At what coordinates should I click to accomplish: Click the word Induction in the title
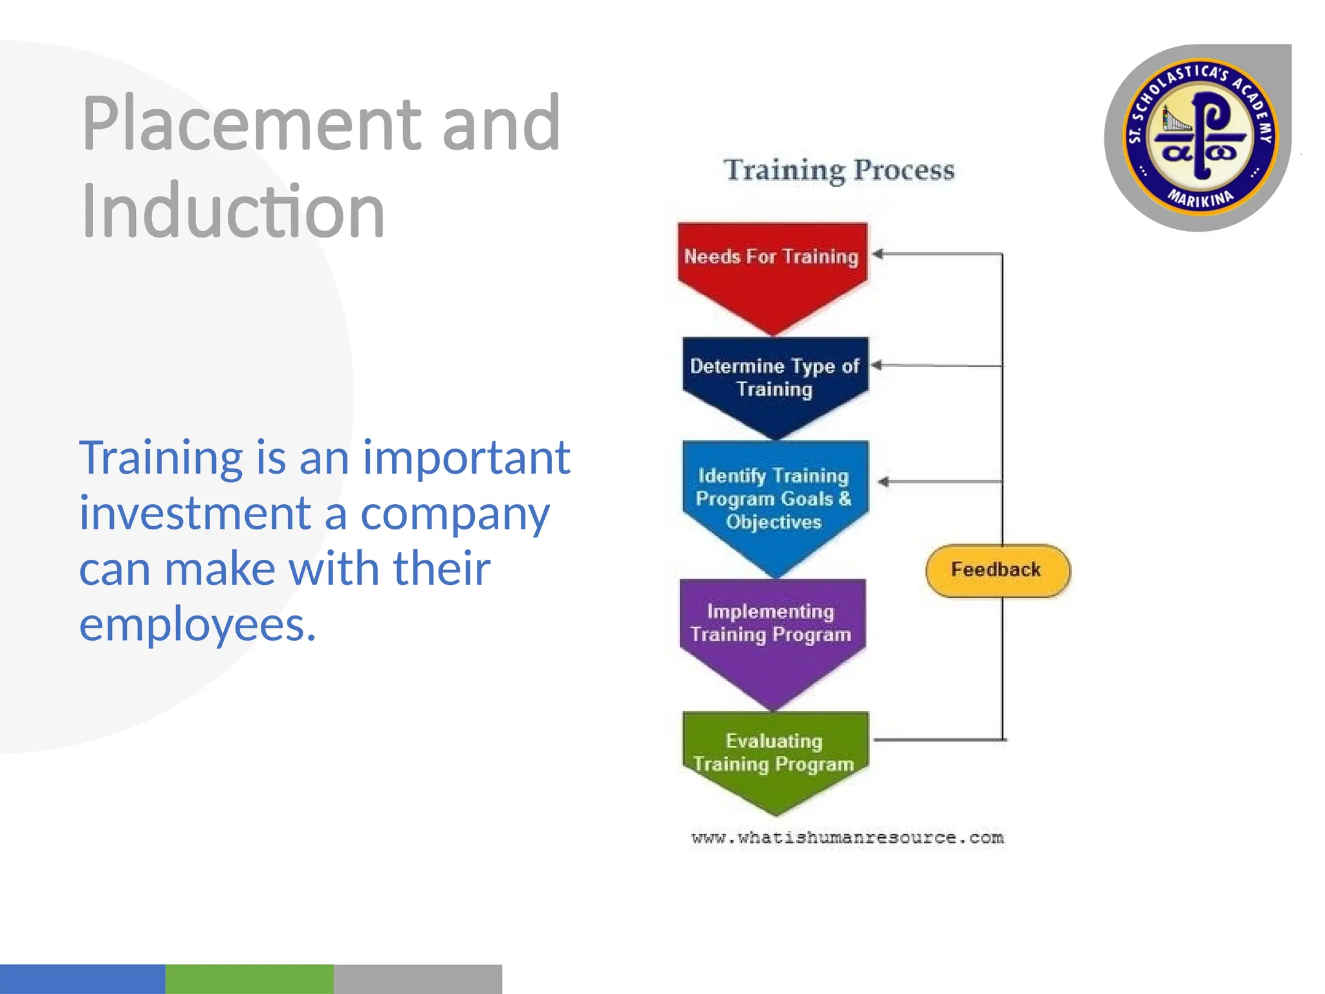point(233,211)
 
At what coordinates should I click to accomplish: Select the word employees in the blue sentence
point(197,624)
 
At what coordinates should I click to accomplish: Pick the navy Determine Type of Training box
point(774,378)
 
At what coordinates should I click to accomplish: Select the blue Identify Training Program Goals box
point(774,499)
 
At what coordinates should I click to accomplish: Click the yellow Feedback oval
point(997,570)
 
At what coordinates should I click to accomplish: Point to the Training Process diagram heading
point(839,170)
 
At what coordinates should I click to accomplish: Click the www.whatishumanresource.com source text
point(848,838)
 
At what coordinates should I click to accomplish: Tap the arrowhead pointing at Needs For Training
point(878,254)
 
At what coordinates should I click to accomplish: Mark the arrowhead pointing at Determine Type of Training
point(877,366)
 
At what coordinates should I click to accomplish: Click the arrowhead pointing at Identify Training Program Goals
point(884,481)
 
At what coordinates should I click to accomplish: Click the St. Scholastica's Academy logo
point(1199,138)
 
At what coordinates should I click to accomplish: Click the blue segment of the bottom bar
point(82,978)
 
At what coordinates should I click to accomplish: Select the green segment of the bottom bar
point(249,978)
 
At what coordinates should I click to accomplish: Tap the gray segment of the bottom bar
point(417,978)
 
